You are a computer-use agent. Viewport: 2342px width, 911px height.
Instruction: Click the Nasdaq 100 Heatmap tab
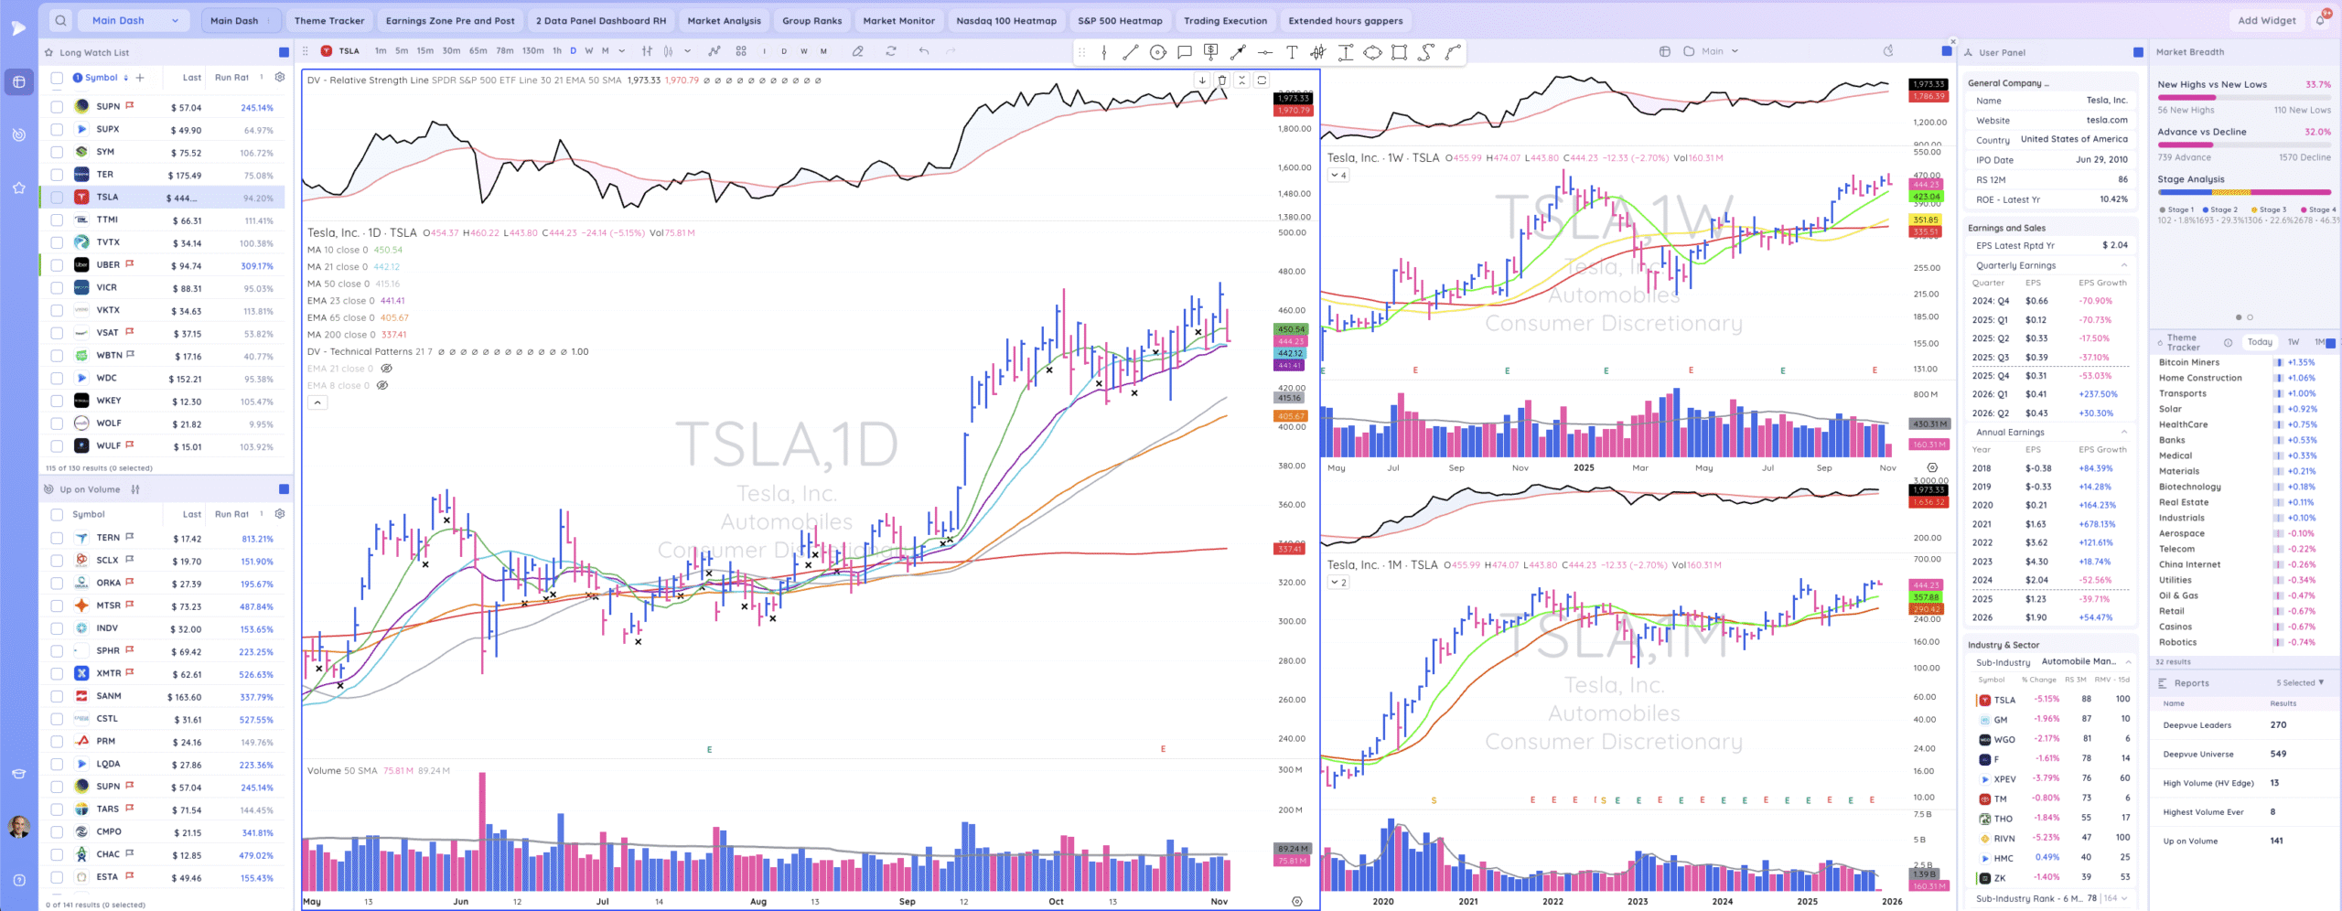point(1005,20)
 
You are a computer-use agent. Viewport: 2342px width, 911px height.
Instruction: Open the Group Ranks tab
point(811,20)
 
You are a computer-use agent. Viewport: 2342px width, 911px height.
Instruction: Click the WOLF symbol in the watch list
point(108,423)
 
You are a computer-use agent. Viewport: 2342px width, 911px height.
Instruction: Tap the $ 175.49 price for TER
point(185,176)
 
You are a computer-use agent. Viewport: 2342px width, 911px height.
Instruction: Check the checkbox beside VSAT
point(57,333)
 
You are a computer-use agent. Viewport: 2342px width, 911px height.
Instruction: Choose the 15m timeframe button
point(424,51)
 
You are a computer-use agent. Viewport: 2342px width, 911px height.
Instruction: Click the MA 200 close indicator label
point(338,335)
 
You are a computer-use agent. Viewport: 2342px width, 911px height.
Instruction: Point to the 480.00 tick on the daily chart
point(1292,272)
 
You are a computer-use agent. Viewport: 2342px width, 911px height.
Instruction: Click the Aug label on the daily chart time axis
point(757,902)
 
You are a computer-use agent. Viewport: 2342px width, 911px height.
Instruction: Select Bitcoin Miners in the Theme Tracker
point(2188,362)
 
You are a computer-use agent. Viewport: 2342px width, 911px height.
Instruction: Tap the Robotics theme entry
point(2177,642)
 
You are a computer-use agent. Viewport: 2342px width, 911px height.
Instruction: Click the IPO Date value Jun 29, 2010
point(2101,160)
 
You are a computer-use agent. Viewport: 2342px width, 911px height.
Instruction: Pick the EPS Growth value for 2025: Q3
point(2095,358)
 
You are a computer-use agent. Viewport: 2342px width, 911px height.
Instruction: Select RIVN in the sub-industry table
point(2004,838)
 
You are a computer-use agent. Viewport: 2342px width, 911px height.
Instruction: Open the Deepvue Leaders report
point(2197,725)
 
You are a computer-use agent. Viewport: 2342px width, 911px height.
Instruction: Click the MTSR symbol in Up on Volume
point(108,606)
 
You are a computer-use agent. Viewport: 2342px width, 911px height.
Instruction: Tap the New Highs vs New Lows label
point(2211,85)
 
